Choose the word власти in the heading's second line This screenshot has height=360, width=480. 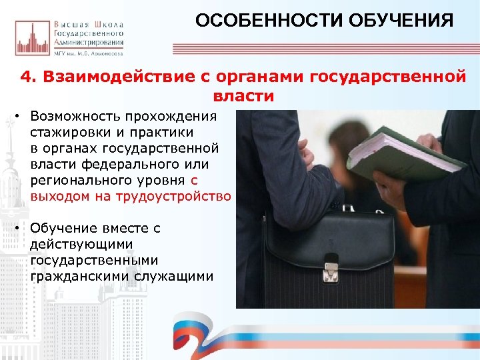point(243,95)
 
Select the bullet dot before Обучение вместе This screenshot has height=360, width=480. point(15,228)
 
